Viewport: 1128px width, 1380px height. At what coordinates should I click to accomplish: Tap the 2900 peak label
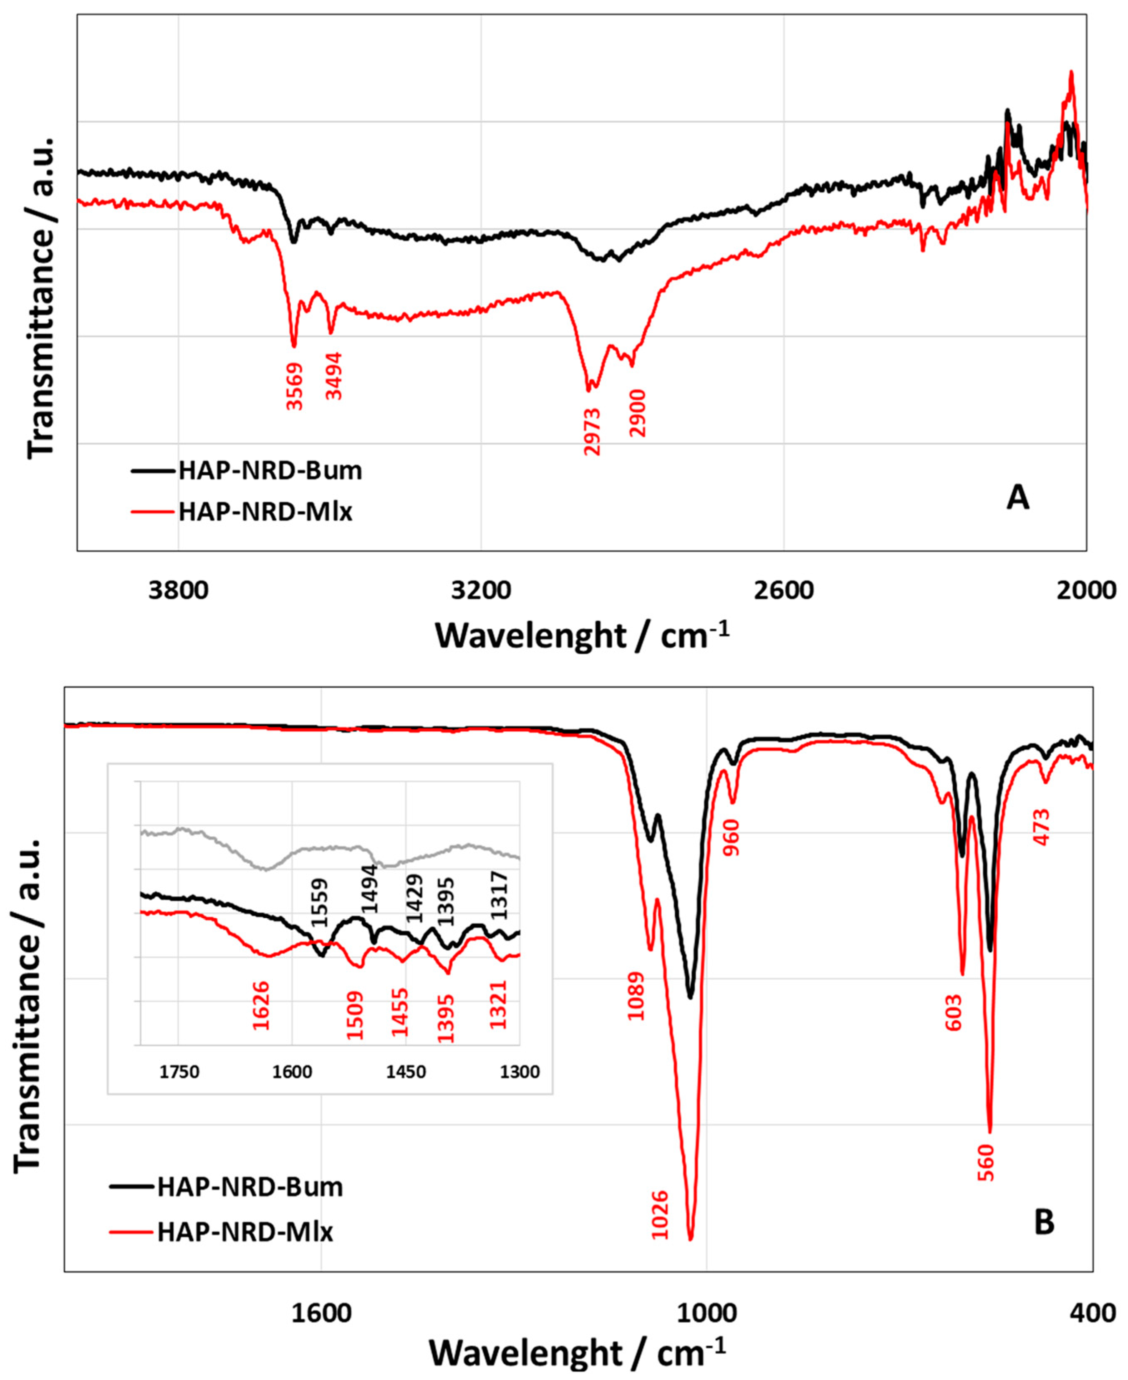click(637, 413)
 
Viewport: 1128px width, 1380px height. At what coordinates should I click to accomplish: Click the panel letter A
click(1017, 498)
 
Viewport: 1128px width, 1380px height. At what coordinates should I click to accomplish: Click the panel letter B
click(1044, 1222)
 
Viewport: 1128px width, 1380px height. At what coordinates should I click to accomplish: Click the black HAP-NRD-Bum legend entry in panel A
click(270, 470)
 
